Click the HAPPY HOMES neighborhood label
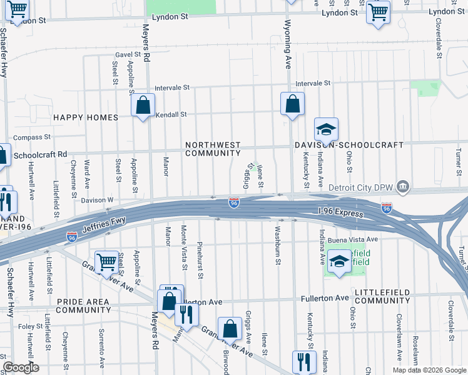click(86, 117)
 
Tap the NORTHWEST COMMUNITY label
click(213, 149)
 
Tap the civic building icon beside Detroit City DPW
click(404, 186)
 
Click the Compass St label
click(31, 137)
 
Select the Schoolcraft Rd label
click(40, 154)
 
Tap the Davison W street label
click(97, 200)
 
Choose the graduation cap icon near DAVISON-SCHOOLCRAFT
click(326, 130)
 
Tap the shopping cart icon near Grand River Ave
click(107, 262)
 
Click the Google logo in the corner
click(21, 367)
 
